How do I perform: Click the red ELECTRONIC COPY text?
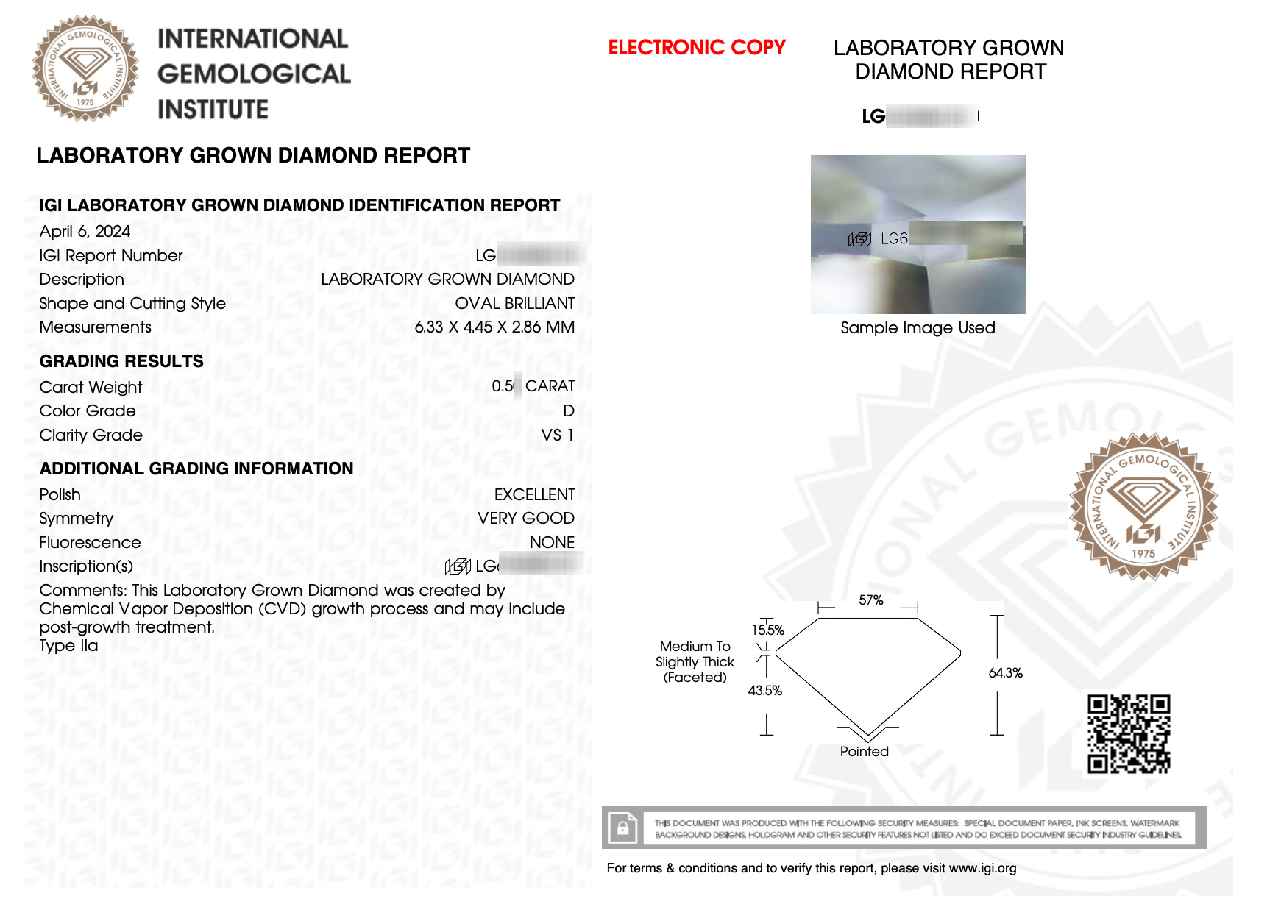(696, 48)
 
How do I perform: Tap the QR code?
(1129, 733)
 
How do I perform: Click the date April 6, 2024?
(85, 232)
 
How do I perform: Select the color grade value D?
(568, 411)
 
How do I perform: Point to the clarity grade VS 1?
(557, 435)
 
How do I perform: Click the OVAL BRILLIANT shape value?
(514, 304)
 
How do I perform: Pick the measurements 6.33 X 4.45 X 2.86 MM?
(494, 327)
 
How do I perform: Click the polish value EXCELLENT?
(534, 495)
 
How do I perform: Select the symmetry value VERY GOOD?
(525, 519)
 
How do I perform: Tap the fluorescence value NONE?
(552, 543)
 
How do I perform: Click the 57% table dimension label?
(870, 600)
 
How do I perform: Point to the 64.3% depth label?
(1005, 673)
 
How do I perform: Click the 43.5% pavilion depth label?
(764, 691)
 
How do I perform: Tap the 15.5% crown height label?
(767, 630)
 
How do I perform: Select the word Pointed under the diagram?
(864, 752)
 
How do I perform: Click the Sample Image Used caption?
(918, 328)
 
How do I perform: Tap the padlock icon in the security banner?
(622, 828)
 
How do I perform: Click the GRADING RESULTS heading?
(121, 361)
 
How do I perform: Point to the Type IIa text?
(68, 646)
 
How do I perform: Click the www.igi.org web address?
(982, 868)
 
